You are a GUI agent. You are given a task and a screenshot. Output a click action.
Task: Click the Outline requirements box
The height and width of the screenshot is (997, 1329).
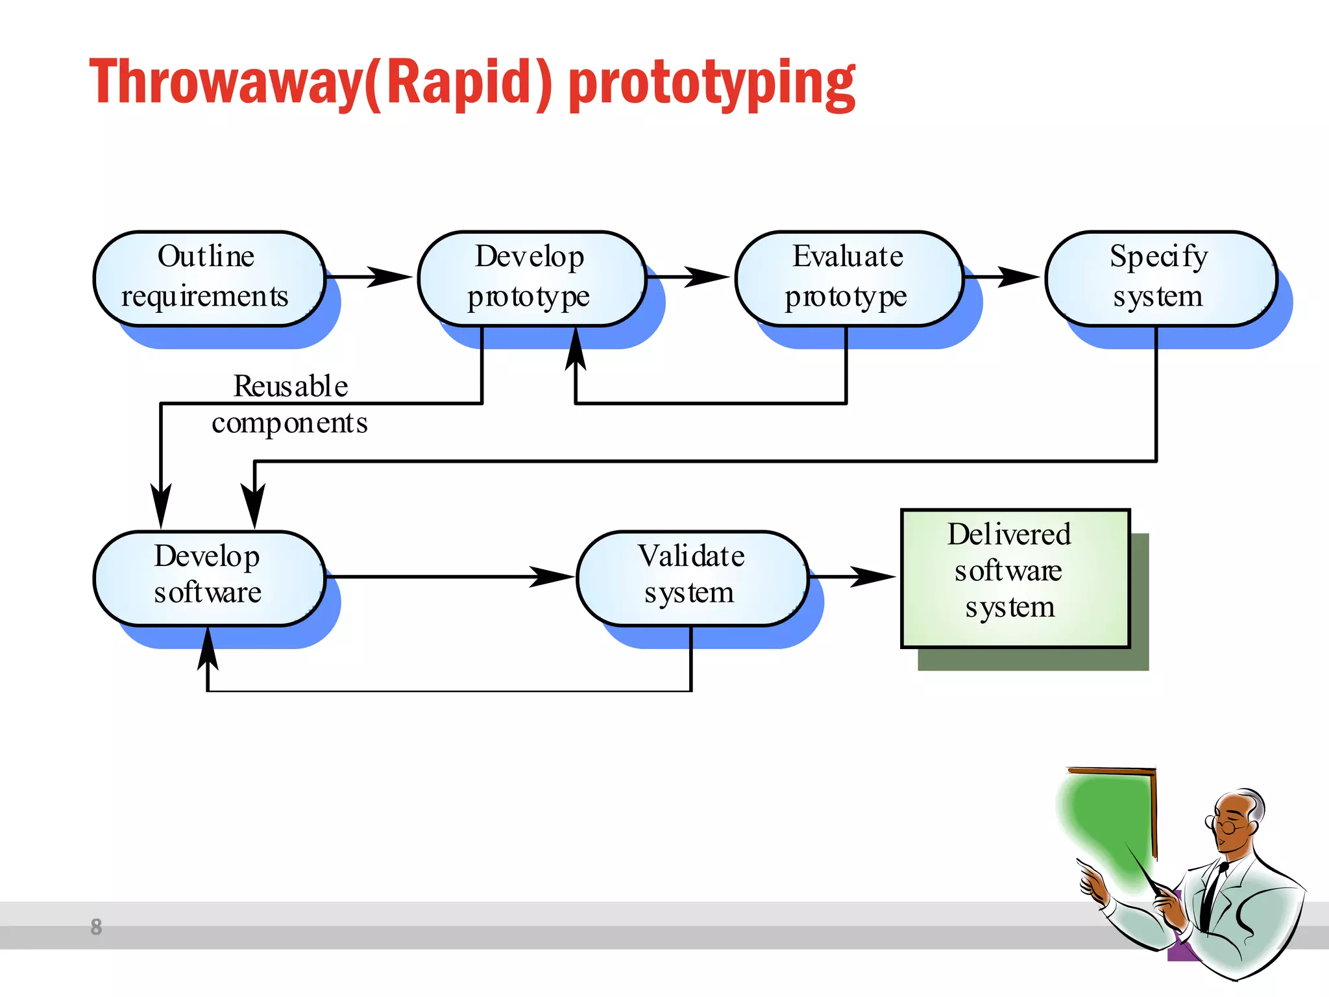pyautogui.click(x=208, y=278)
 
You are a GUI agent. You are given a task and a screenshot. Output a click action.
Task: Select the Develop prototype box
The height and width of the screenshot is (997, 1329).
pyautogui.click(x=531, y=278)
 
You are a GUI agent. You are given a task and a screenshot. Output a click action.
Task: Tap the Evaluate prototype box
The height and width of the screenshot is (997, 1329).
pyautogui.click(x=847, y=278)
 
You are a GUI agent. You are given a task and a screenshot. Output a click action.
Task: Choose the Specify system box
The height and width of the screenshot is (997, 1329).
pyautogui.click(x=1160, y=278)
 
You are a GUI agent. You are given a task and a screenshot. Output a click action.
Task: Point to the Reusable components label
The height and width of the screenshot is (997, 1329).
pyautogui.click(x=290, y=404)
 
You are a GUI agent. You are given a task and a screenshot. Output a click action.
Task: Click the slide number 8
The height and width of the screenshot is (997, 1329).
pyautogui.click(x=96, y=926)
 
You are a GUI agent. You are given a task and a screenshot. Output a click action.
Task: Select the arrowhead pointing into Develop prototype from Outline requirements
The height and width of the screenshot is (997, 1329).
pyautogui.click(x=389, y=277)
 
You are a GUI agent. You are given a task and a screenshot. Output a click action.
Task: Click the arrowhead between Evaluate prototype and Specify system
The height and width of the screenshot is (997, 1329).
pyautogui.click(x=1018, y=277)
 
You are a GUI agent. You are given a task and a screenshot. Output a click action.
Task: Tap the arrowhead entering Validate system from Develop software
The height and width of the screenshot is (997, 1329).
pyautogui.click(x=551, y=576)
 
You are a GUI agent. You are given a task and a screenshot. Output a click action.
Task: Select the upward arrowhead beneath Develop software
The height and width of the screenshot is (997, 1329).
pyautogui.click(x=208, y=649)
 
